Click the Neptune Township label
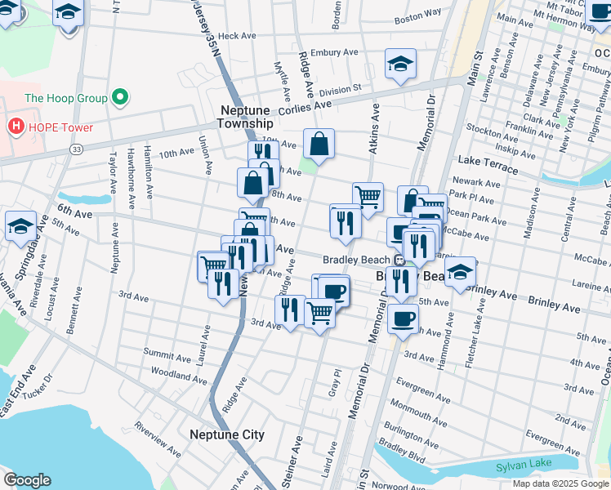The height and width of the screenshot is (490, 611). [x=245, y=116]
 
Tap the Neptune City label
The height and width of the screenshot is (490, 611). [x=226, y=434]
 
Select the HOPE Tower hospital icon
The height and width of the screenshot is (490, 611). [x=14, y=127]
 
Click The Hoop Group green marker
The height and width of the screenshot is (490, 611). [x=120, y=98]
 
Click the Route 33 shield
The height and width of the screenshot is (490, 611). [x=76, y=149]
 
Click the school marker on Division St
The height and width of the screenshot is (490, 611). [x=400, y=65]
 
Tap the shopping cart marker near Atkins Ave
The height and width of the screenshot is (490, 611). [x=368, y=196]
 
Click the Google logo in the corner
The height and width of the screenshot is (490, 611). [x=27, y=480]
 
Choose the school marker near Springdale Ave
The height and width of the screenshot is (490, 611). [x=20, y=225]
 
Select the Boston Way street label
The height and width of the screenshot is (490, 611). [x=417, y=17]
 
